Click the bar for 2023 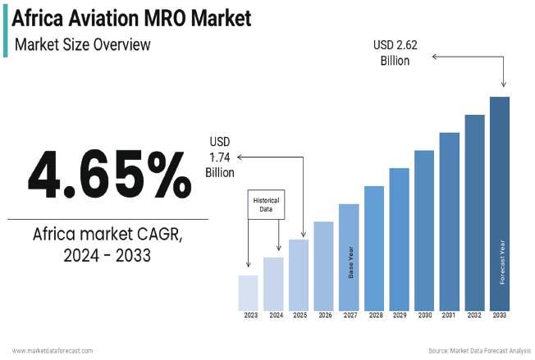(x=248, y=292)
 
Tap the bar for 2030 (x=423, y=230)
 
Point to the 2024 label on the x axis (x=275, y=315)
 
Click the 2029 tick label (x=399, y=315)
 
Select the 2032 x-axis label (x=474, y=315)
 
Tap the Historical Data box (x=266, y=205)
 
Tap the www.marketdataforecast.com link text (x=53, y=351)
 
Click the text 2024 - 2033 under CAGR (x=107, y=256)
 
